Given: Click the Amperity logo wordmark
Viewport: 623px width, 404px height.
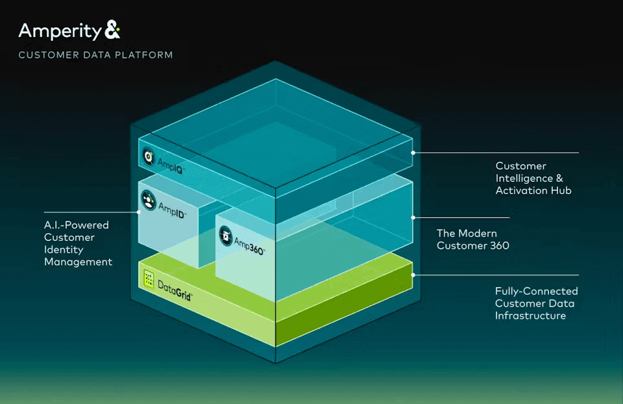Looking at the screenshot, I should point(60,31).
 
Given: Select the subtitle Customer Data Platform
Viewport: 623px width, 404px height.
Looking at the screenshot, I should point(95,55).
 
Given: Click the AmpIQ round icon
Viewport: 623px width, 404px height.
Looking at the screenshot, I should point(149,157).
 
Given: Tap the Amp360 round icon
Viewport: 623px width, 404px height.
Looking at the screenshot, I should point(225,234).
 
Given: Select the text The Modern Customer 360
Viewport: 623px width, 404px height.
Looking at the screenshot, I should point(472,240).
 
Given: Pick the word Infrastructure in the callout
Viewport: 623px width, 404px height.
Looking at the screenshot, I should point(530,316).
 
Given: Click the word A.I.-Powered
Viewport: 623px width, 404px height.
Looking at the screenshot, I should point(76,225).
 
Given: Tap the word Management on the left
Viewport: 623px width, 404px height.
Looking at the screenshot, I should point(78,262).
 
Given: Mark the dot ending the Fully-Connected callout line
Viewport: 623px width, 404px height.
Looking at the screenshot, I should point(413,275).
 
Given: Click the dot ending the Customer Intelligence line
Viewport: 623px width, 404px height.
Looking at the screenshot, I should point(413,153).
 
